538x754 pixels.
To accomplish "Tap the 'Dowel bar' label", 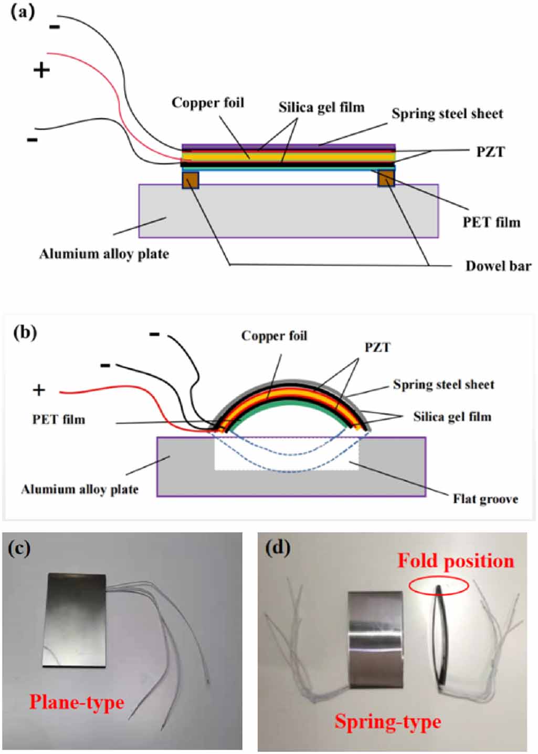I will tap(498, 266).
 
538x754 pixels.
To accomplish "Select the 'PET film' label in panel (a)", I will tap(491, 223).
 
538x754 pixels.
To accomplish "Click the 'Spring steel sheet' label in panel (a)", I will tap(447, 114).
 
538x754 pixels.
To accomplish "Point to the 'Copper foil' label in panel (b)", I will tap(274, 336).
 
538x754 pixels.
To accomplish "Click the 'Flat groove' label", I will tap(486, 499).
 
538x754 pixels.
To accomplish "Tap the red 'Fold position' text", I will tap(456, 561).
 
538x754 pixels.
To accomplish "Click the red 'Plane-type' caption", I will tap(77, 703).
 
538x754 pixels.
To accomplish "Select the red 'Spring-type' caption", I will tap(388, 722).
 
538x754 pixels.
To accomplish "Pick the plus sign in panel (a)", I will tap(41, 70).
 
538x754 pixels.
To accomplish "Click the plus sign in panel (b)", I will tap(39, 390).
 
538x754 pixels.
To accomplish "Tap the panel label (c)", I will tap(19, 548).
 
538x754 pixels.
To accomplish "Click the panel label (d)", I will tap(278, 548).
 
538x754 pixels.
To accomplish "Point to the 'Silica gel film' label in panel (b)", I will tap(452, 417).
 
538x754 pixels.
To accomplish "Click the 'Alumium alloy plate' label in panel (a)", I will tap(104, 254).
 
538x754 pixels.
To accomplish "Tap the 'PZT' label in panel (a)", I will tap(490, 152).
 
